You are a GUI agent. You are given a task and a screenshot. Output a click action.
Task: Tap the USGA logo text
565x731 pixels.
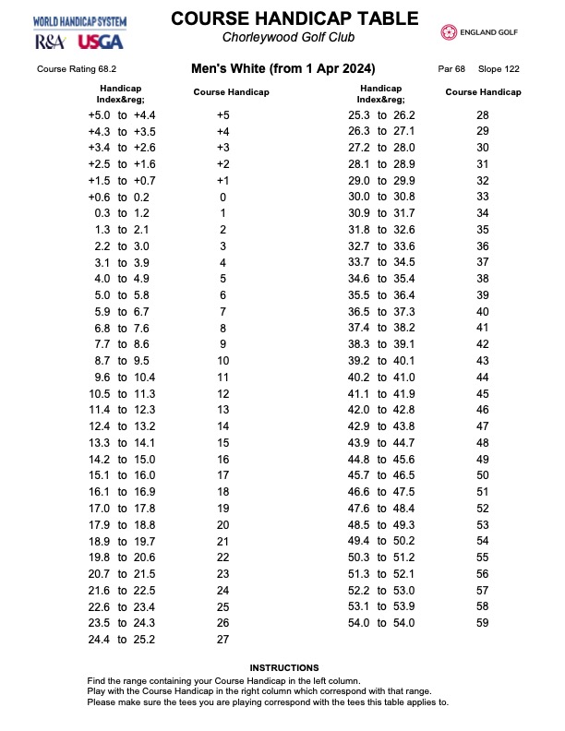(x=101, y=42)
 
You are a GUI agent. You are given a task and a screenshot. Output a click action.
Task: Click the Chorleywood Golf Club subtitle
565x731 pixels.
(x=289, y=37)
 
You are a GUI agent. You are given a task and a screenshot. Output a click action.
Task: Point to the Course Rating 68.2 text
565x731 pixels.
(x=77, y=69)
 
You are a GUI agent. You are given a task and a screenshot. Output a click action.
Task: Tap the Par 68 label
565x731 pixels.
(x=451, y=69)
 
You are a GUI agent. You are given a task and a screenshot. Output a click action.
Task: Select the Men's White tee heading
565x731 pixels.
(x=282, y=68)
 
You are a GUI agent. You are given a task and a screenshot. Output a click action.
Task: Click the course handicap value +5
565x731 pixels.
(x=222, y=115)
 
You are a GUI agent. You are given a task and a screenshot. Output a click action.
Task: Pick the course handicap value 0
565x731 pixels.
(x=222, y=198)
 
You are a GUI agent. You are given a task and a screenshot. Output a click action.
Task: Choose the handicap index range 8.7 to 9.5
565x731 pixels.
(x=122, y=361)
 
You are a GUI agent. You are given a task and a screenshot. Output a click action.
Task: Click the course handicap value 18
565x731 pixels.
(x=222, y=492)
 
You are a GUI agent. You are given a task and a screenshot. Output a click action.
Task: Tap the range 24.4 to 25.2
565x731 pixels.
(x=122, y=639)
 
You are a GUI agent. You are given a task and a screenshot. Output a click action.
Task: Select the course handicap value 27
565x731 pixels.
(x=222, y=639)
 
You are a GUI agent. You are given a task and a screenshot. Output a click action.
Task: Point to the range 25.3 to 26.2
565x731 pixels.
(x=381, y=115)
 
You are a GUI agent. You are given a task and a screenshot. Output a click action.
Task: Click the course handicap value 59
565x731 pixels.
(x=483, y=623)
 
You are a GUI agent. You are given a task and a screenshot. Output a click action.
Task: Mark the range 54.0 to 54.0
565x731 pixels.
(x=381, y=623)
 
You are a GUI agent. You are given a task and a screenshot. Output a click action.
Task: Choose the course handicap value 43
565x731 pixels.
(x=483, y=361)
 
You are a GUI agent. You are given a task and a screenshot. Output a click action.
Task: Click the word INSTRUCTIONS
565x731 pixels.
(x=284, y=667)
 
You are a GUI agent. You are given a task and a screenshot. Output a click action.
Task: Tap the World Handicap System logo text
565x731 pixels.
(x=80, y=21)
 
